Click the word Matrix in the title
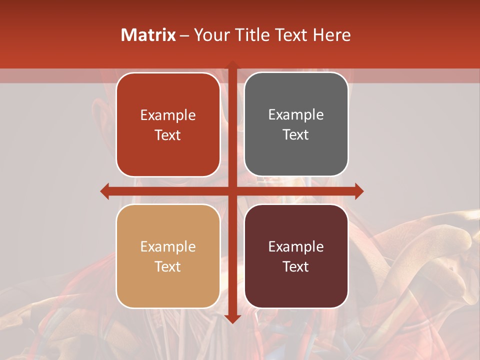coord(148,35)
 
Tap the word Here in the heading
coord(331,35)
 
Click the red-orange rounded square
coord(168,125)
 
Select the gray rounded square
coord(296,124)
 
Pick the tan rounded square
coord(168,256)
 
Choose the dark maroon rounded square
coord(296,256)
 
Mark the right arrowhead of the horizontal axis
coord(359,191)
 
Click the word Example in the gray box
coord(296,114)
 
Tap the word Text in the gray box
coord(296,134)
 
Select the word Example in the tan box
coord(168,246)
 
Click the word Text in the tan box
coord(168,266)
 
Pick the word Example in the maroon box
coord(296,246)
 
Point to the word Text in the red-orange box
coord(168,135)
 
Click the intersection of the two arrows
coord(232,191)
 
